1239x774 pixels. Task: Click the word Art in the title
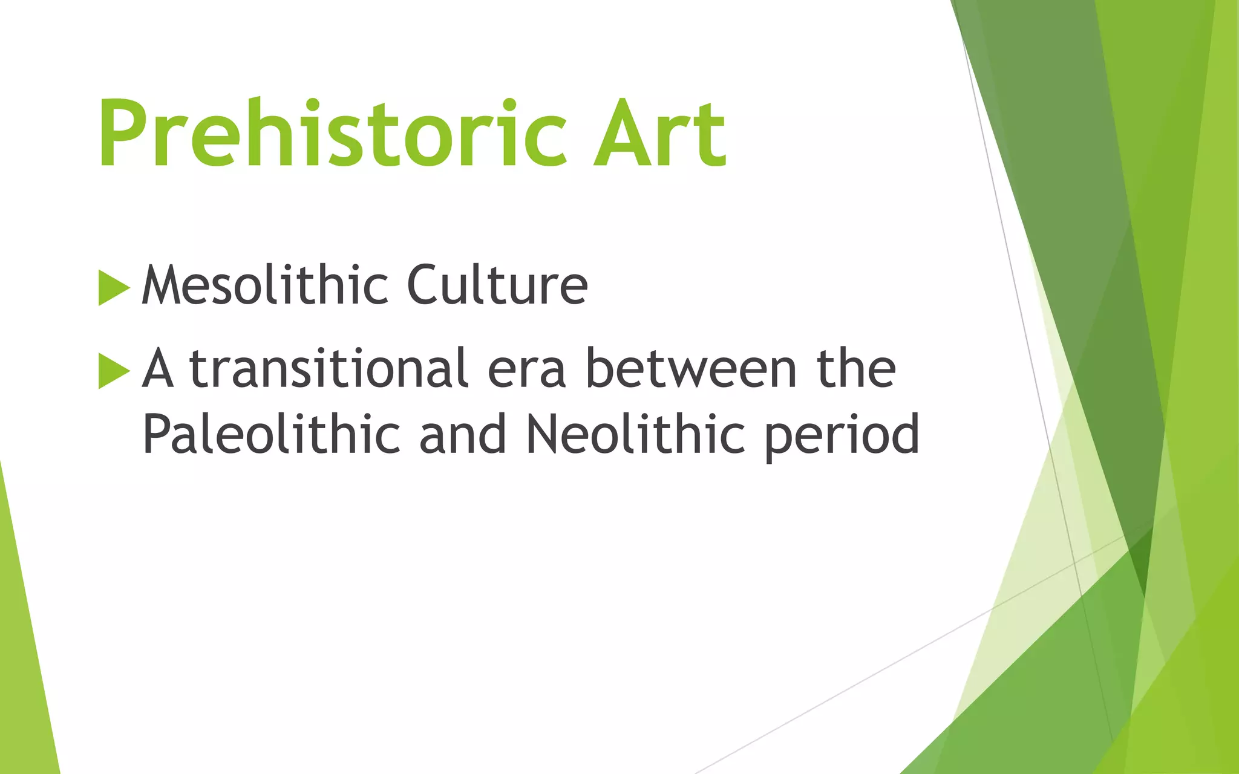click(659, 134)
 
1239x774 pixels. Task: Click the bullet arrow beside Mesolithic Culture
click(113, 288)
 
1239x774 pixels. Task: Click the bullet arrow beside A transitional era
click(113, 371)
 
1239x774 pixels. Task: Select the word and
click(463, 434)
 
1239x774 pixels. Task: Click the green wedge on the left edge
click(24, 653)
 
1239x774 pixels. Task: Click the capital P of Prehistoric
click(121, 133)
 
